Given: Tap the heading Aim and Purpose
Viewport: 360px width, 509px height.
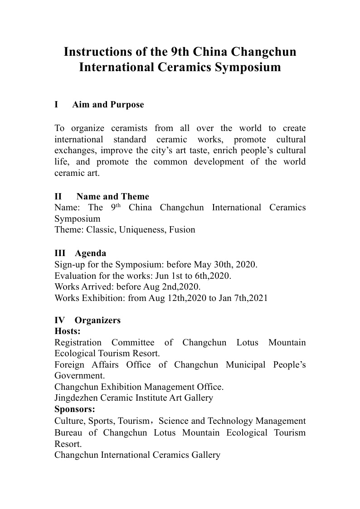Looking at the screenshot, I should [x=108, y=105].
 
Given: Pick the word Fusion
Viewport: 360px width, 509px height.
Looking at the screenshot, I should [x=182, y=230].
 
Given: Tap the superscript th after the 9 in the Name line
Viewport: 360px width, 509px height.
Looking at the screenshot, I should [x=119, y=206].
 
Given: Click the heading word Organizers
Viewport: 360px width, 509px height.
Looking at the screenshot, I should [x=97, y=320].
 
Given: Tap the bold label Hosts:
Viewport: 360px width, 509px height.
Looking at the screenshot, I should [x=68, y=331].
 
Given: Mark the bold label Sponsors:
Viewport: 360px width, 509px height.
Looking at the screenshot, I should [x=75, y=409].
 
